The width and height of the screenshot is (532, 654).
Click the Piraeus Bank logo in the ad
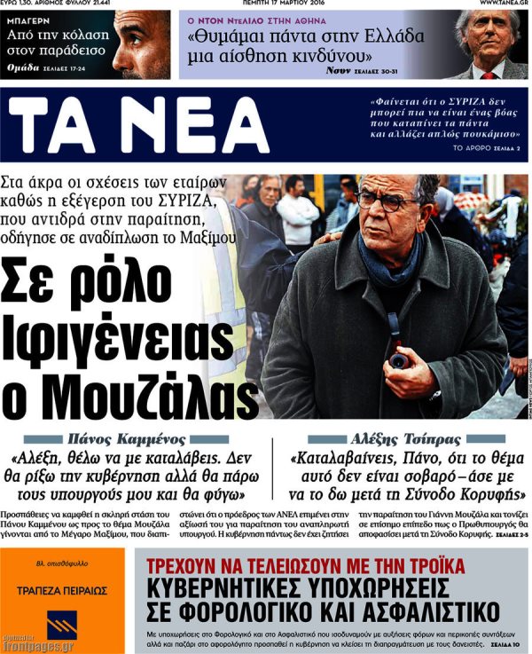tap(62, 623)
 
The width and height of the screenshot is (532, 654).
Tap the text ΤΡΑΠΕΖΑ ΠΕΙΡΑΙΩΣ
tap(62, 589)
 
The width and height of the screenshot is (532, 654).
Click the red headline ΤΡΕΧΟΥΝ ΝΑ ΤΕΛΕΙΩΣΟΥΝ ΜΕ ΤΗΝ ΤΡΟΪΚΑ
tap(307, 565)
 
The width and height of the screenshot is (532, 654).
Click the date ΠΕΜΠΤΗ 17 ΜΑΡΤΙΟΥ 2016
tap(266, 4)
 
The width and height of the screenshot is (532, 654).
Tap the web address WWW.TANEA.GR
tap(505, 4)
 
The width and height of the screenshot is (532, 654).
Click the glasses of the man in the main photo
tap(387, 201)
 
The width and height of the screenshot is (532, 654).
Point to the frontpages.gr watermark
tap(37, 646)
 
